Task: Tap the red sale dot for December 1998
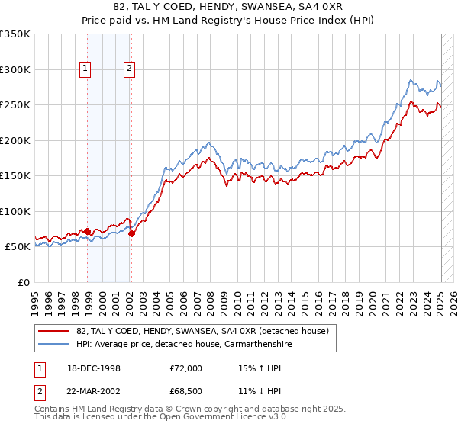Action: (x=88, y=231)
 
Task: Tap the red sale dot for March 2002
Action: (x=131, y=233)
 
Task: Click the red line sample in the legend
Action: (x=54, y=331)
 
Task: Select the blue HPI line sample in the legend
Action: (x=54, y=345)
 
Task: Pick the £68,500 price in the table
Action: (x=185, y=390)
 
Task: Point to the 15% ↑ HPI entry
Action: (x=259, y=368)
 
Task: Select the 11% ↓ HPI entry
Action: (x=259, y=390)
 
